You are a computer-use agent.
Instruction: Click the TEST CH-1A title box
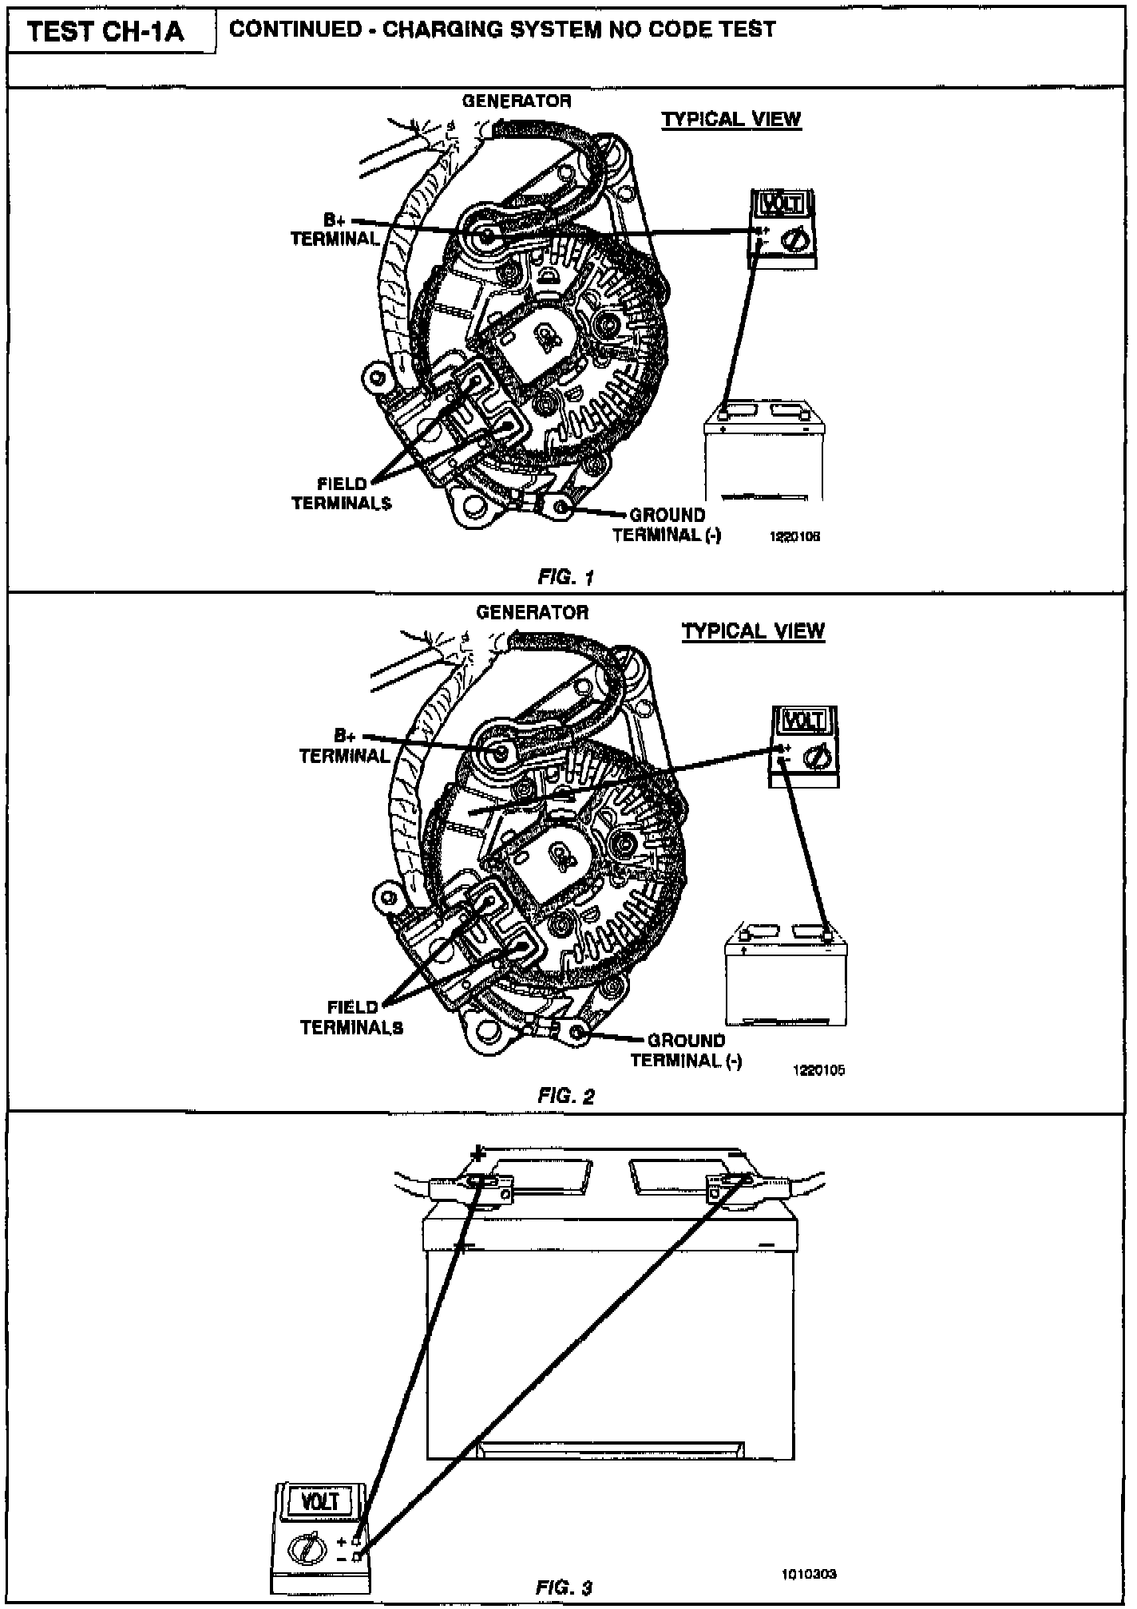(106, 32)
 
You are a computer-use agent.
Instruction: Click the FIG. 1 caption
(565, 577)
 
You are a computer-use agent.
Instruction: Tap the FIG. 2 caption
(565, 1096)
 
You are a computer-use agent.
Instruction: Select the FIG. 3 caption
(564, 1587)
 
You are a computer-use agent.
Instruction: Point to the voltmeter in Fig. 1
(782, 228)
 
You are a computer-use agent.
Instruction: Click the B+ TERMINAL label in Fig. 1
(335, 229)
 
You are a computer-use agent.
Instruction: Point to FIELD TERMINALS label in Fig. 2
(352, 1018)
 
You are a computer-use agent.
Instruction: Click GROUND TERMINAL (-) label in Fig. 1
(667, 525)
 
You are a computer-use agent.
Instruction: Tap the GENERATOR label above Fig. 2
(532, 612)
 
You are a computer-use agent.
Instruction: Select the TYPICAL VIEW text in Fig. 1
(731, 120)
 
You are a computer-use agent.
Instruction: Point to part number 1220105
(818, 1070)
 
